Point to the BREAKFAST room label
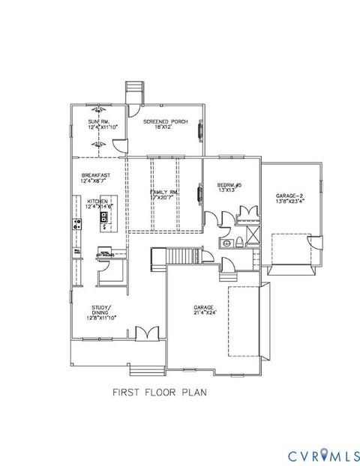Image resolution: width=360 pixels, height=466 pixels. click(96, 175)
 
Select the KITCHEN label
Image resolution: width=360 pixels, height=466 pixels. click(98, 202)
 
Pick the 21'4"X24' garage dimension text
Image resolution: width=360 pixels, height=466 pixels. click(204, 312)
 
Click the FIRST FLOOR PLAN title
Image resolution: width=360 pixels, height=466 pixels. click(159, 390)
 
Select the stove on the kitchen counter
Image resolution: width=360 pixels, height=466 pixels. click(76, 223)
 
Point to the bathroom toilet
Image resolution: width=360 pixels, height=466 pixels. click(236, 242)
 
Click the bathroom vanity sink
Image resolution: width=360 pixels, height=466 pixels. click(225, 243)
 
